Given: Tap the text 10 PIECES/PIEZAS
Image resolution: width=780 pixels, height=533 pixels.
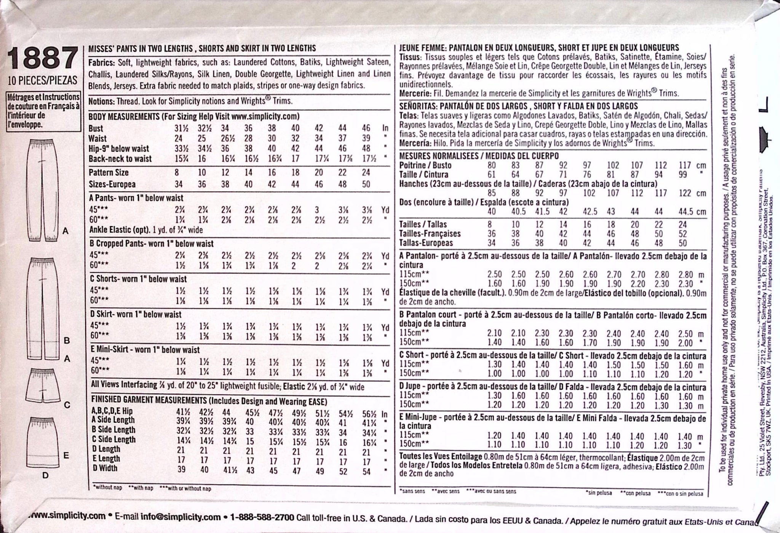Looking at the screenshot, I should coord(42,80).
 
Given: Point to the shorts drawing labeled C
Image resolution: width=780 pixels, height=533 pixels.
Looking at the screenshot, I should coord(43,386).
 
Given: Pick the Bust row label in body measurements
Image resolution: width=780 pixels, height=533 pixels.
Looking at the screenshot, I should coord(96,128).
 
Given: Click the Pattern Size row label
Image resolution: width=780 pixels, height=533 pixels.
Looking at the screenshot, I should coord(109,173).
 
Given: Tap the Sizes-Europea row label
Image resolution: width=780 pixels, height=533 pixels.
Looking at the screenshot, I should coord(112,184).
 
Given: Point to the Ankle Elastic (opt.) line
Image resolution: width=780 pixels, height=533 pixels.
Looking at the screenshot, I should coord(146,230).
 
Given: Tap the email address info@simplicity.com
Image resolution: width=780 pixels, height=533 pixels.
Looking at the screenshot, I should coord(181,517).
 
